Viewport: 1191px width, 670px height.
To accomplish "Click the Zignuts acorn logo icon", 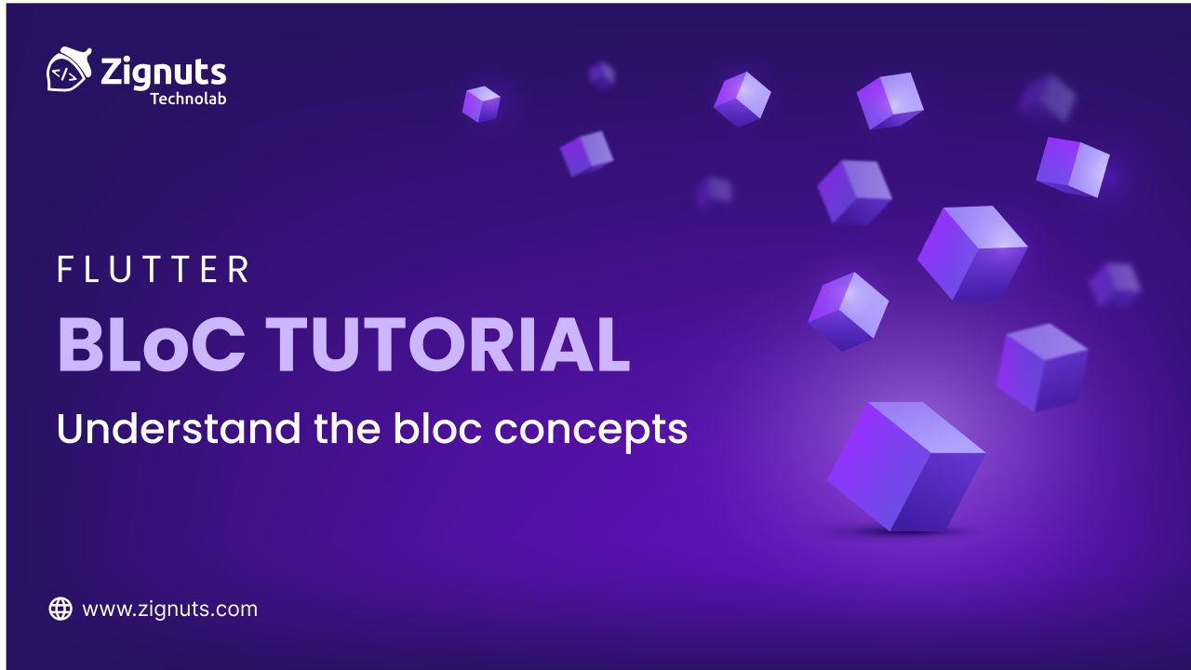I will coord(68,71).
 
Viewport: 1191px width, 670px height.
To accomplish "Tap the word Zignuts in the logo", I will coord(163,72).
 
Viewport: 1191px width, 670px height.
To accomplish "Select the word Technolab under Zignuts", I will coord(188,98).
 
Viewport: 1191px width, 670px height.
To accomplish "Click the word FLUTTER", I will coord(154,270).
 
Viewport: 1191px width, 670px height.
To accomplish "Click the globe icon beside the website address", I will coord(60,610).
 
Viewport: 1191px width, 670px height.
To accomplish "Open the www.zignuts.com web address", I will coord(169,610).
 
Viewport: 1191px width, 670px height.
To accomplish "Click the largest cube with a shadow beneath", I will coord(905,465).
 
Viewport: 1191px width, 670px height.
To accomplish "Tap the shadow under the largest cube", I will coord(898,533).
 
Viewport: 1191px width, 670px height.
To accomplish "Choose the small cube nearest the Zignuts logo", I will coord(481,103).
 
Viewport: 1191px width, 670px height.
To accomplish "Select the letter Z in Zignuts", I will coord(113,72).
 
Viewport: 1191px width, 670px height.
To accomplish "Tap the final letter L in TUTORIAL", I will coord(613,345).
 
